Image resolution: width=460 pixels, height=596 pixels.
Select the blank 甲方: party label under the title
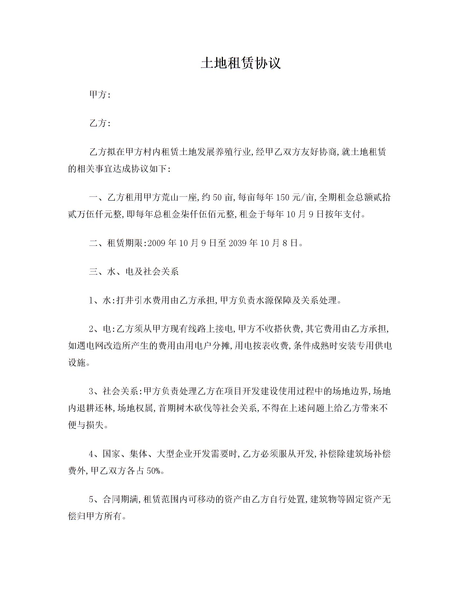click(99, 95)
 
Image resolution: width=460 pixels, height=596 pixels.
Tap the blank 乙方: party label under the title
click(99, 123)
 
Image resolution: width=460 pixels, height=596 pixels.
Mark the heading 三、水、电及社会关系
click(134, 271)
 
